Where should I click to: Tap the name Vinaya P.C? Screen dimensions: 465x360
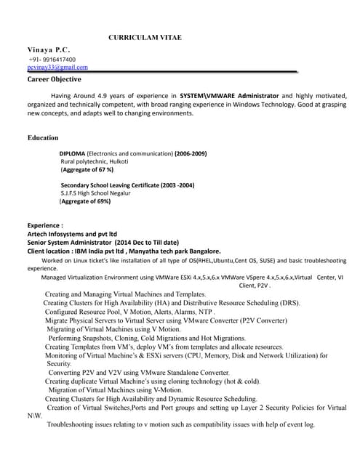click(x=49, y=49)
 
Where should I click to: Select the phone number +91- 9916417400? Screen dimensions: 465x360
click(x=52, y=59)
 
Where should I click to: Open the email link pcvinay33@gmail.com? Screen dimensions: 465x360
click(x=57, y=67)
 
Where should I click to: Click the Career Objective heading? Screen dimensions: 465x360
click(x=54, y=79)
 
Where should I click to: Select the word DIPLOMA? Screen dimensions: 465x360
click(x=72, y=154)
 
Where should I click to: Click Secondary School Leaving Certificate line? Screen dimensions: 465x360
click(x=127, y=185)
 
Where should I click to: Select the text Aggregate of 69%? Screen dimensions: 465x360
click(x=85, y=201)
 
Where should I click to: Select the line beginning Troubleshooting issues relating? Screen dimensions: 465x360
click(x=180, y=424)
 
